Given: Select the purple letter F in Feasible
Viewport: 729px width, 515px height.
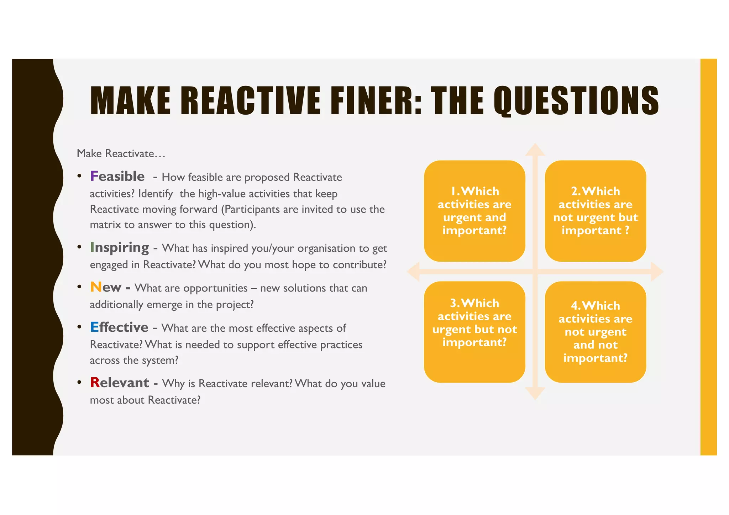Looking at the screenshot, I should pos(94,176).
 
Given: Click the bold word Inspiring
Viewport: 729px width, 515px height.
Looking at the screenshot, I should pos(120,247).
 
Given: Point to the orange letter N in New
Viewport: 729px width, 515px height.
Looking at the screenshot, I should pos(96,287).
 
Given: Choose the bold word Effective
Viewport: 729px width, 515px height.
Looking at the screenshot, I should pos(119,327).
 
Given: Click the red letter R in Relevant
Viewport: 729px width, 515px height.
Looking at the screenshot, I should pos(95,383).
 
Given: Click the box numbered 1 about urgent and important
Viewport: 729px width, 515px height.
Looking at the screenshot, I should pos(474,211).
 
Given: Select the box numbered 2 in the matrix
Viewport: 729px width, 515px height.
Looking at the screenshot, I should pos(595,211).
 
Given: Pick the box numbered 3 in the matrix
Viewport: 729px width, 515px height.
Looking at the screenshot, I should pos(474,332).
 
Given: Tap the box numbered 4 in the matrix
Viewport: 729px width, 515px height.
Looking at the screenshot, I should pos(595,332).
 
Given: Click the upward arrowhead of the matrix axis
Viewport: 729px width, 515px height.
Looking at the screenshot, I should pos(535,149).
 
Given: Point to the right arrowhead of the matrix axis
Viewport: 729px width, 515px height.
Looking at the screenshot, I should pos(657,272).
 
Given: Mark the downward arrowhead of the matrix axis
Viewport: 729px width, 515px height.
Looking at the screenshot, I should pos(535,394).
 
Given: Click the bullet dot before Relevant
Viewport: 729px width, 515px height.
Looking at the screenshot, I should pos(79,383).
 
